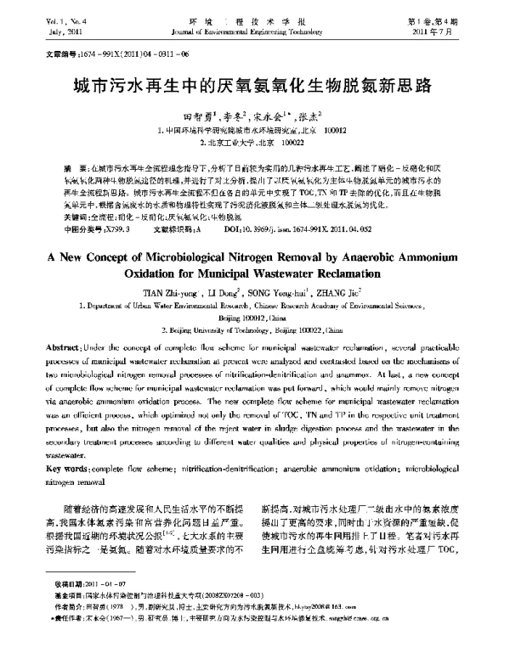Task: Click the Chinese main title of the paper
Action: pyautogui.click(x=254, y=86)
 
